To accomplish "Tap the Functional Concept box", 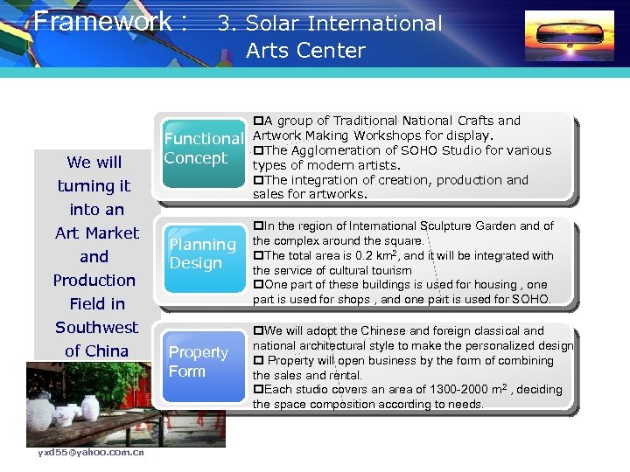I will tap(202, 149).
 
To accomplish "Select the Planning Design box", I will tap(202, 253).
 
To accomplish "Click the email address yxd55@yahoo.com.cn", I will tap(91, 452).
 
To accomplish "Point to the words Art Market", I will tap(96, 233).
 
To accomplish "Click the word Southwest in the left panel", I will tap(96, 328).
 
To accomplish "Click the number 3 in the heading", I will tap(224, 24).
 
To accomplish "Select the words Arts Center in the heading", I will tap(305, 51).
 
